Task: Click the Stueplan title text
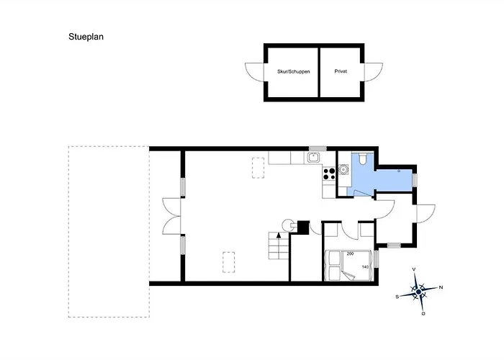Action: [x=86, y=37]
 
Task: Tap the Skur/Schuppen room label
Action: [x=294, y=71]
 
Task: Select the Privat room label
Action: [x=341, y=71]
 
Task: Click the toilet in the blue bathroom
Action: [x=363, y=159]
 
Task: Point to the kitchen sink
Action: [x=313, y=158]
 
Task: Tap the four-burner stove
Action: [x=329, y=174]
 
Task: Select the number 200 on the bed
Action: [x=350, y=253]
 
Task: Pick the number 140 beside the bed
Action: [x=365, y=267]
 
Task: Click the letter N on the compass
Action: [x=441, y=287]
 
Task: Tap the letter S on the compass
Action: [x=397, y=297]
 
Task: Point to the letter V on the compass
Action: [x=414, y=269]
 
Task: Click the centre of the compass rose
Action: [x=418, y=292]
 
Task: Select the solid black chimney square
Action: [x=303, y=228]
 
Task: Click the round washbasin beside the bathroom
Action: [x=343, y=169]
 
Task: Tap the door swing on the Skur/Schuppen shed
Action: [x=255, y=72]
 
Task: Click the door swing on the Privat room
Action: [x=374, y=72]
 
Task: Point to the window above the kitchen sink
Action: [x=318, y=148]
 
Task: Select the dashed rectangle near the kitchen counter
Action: [x=258, y=168]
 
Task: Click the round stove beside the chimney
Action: [x=288, y=225]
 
